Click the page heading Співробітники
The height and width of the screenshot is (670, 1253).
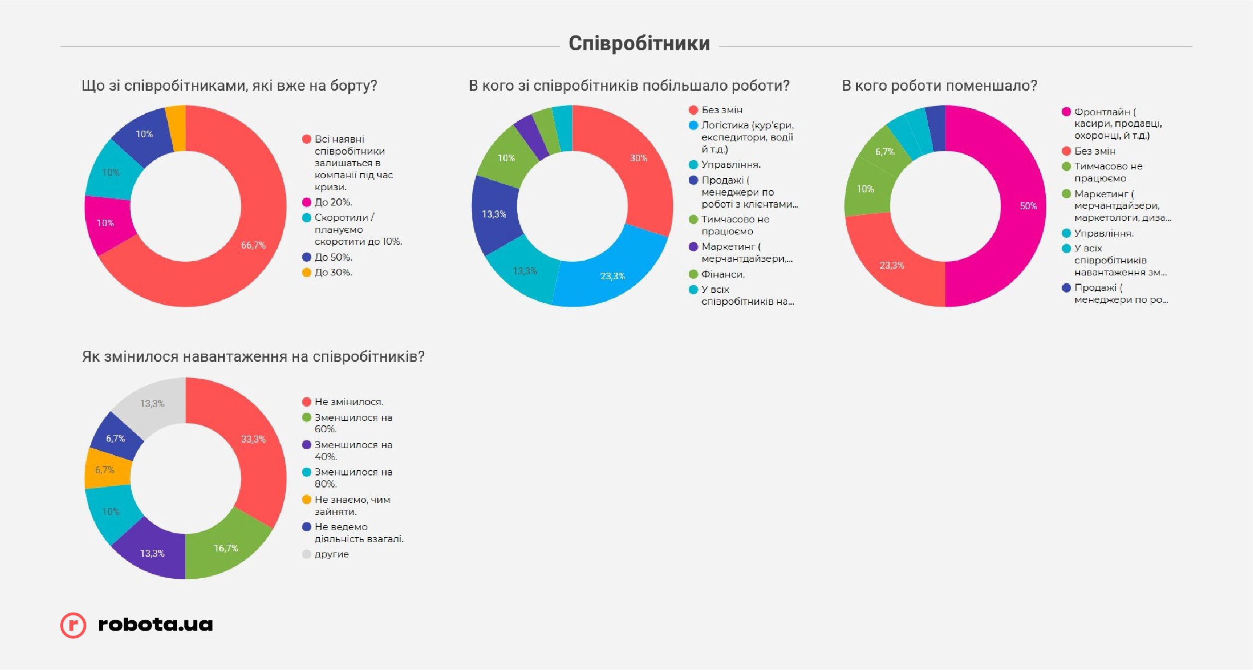[x=639, y=44]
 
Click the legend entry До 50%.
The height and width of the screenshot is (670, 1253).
[x=333, y=257]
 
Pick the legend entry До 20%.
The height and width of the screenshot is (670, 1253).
[x=333, y=202]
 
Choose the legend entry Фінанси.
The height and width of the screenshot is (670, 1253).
[x=722, y=274]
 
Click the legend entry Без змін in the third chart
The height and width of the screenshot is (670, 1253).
[x=1094, y=151]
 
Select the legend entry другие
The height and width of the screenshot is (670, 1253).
[x=331, y=554]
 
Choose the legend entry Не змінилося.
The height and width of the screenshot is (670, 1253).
[x=349, y=402]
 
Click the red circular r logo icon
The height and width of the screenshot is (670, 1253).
[x=73, y=625]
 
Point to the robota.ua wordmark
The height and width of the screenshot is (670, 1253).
[x=155, y=625]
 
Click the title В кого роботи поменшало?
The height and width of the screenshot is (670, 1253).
[x=939, y=86]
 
